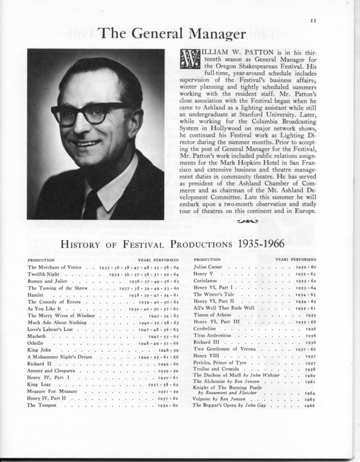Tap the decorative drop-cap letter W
click(190, 59)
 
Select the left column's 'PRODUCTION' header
click(41, 259)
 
